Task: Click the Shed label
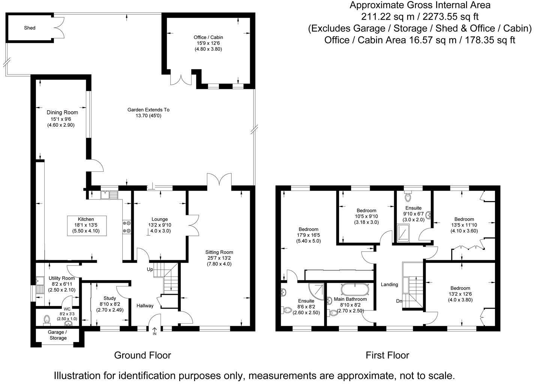[x=30, y=28]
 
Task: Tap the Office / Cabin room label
[x=208, y=37]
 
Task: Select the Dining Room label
[x=62, y=112]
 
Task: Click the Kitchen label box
[x=86, y=225]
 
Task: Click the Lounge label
[x=160, y=219]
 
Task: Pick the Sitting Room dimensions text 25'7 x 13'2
[x=219, y=258]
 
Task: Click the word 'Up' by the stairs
[x=150, y=270]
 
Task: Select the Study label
[x=109, y=298]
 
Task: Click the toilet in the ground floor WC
[x=46, y=319]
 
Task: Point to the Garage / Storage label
[x=58, y=335]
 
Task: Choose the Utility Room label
[x=61, y=278]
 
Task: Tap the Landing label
[x=389, y=285]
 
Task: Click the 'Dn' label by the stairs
[x=399, y=301]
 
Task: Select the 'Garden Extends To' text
[x=148, y=110]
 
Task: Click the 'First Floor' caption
[x=387, y=355]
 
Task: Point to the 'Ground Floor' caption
[x=142, y=355]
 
